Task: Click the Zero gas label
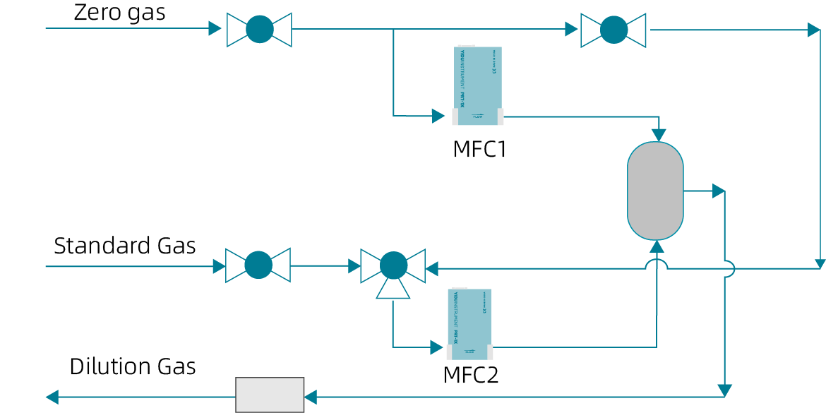click(119, 13)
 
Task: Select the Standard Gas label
click(124, 246)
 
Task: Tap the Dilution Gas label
click(132, 366)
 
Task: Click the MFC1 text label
click(479, 150)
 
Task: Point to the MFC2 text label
click(470, 375)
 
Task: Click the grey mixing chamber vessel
click(655, 191)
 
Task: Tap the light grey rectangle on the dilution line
click(270, 395)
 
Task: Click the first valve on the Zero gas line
click(259, 30)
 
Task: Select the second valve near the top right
click(613, 30)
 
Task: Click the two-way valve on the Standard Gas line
click(258, 265)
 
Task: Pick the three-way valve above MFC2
click(393, 266)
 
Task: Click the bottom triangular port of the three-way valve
click(393, 288)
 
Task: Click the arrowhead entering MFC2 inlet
click(435, 347)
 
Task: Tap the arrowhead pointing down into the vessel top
click(658, 134)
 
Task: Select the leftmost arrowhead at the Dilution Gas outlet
click(52, 397)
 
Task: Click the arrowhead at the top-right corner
click(814, 30)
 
